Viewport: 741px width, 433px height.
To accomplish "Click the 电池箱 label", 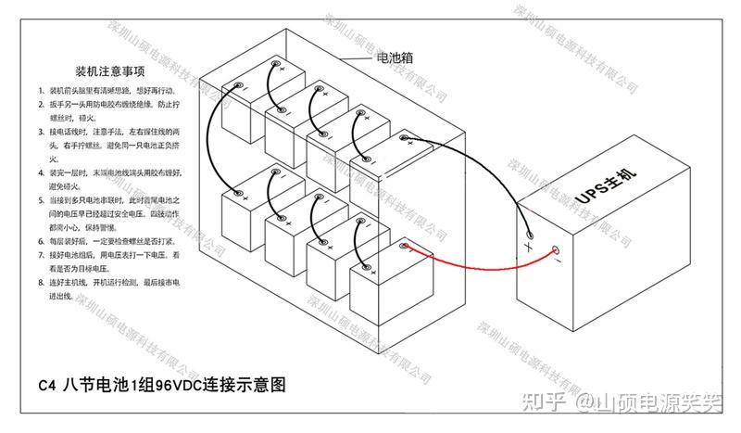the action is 393,57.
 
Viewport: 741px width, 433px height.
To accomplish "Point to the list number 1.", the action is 41,91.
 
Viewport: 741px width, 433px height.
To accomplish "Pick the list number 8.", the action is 41,281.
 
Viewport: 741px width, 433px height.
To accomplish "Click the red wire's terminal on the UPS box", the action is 556,250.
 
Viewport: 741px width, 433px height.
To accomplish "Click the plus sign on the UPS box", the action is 528,248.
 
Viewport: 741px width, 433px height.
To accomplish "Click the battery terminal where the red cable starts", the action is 404,247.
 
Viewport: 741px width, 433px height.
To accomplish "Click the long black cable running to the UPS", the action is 472,185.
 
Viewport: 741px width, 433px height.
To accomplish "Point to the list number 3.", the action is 41,133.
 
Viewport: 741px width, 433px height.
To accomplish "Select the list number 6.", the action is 41,240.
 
